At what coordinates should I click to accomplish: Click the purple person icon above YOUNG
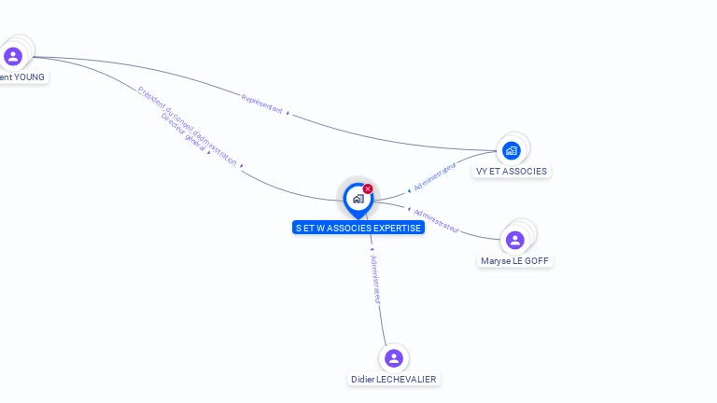coord(13,57)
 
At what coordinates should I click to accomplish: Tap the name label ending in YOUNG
coord(21,77)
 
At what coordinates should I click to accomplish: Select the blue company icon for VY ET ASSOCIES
coord(511,150)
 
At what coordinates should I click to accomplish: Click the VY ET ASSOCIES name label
coord(511,172)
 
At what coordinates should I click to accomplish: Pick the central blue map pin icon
coord(358,200)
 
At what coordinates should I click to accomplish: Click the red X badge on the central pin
coord(368,189)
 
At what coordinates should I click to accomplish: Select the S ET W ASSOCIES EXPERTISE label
coord(358,228)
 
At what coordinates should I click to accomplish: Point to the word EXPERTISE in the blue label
coord(399,228)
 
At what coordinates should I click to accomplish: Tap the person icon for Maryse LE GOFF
coord(514,240)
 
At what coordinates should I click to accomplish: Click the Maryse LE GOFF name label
coord(514,261)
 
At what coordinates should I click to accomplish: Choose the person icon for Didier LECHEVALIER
coord(393,358)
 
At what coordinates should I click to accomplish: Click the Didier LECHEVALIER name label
coord(393,380)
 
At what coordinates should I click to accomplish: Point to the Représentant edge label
coord(261,104)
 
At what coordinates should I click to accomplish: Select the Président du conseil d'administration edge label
coord(187,125)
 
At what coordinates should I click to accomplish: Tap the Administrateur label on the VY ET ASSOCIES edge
coord(435,175)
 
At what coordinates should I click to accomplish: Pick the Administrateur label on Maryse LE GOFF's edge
coord(436,220)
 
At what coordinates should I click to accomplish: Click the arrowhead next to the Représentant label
coord(288,113)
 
